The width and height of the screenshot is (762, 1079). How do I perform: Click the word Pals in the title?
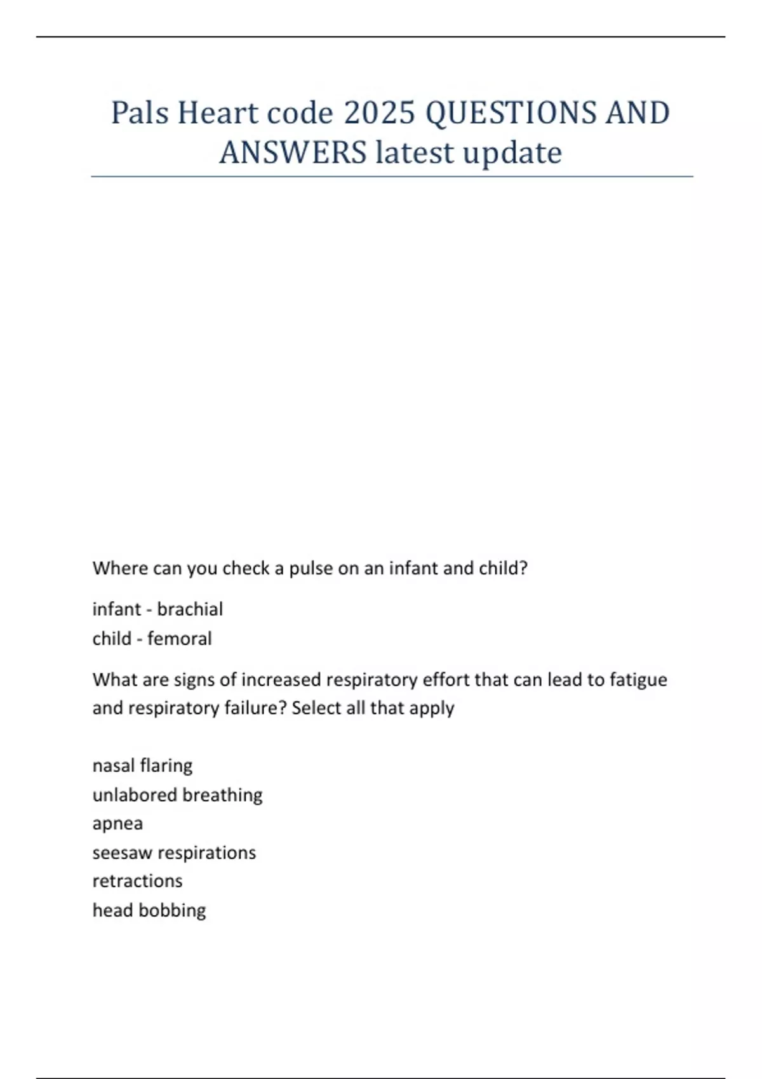click(x=140, y=113)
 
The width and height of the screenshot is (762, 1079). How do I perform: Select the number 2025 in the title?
click(x=379, y=113)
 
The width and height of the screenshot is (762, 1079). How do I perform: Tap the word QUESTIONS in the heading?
click(x=511, y=113)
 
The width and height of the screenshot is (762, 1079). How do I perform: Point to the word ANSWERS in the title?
click(x=293, y=152)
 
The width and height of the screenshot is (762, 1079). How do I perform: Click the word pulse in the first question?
click(x=311, y=568)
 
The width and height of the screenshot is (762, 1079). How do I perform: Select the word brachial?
click(x=190, y=609)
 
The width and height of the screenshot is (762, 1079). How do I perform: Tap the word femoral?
click(x=180, y=639)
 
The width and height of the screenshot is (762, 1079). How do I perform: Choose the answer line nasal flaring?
click(x=142, y=765)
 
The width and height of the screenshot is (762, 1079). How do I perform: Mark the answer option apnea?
click(x=117, y=824)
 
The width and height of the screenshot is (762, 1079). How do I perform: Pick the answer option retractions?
click(x=137, y=881)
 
